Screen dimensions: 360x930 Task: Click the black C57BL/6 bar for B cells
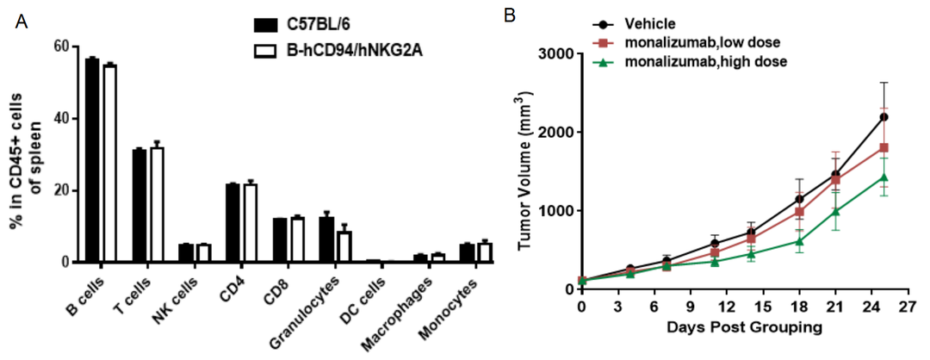coord(92,160)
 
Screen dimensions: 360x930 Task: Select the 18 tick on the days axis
coord(800,307)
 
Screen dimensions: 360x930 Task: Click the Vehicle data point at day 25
coord(883,116)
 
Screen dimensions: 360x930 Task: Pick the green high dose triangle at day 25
coord(883,177)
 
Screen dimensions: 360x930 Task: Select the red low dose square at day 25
coord(883,147)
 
